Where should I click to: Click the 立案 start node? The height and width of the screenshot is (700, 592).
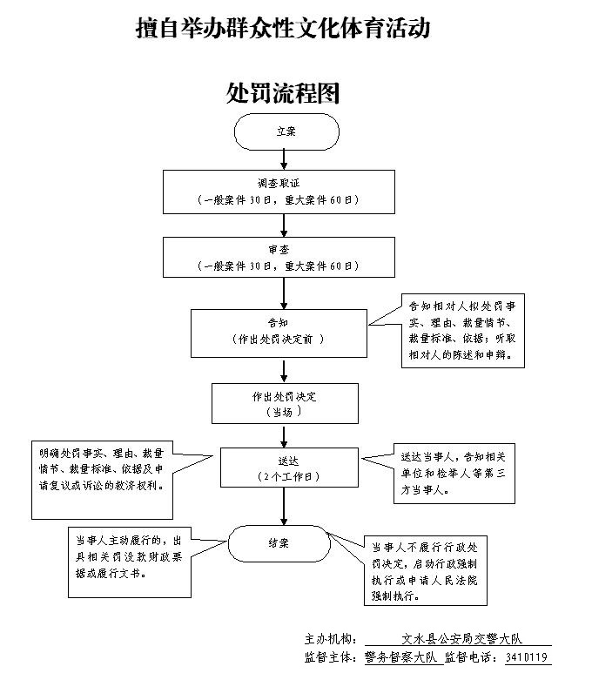[x=286, y=131]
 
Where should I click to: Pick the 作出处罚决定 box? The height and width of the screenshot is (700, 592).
[x=285, y=402]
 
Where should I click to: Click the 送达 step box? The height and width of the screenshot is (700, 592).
[x=288, y=468]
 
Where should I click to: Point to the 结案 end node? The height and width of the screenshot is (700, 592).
[x=279, y=543]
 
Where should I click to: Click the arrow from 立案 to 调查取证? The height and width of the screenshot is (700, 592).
[x=285, y=159]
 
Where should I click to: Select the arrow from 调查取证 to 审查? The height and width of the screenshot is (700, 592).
[x=285, y=225]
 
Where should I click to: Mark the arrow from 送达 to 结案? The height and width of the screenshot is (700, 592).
[x=283, y=506]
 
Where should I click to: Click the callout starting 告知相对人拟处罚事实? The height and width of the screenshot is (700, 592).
[x=463, y=331]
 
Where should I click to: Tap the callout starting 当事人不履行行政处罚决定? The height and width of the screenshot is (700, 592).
[x=425, y=571]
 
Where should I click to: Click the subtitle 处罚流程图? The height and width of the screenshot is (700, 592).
[x=283, y=92]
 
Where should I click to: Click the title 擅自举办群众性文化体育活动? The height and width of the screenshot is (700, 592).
[x=284, y=30]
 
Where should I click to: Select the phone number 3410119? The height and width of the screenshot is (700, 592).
[x=527, y=657]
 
